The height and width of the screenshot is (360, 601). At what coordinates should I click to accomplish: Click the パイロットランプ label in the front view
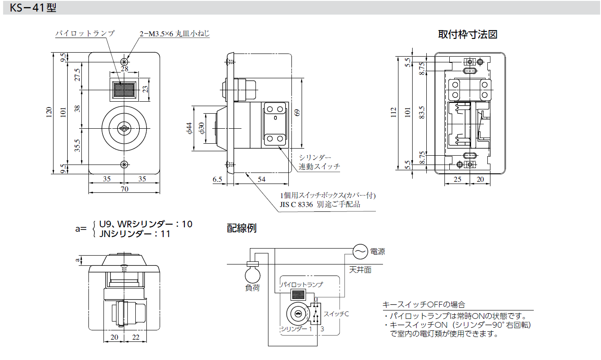coord(84,33)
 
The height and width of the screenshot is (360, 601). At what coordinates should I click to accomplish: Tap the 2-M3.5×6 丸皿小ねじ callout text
coord(174,34)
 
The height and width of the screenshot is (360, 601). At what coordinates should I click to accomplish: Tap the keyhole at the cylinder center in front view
coord(124,129)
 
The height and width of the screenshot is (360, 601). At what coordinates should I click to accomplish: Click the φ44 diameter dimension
coord(189,128)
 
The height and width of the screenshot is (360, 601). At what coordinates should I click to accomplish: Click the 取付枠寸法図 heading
coord(467,34)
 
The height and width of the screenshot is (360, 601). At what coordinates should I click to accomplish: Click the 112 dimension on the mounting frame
coord(394,113)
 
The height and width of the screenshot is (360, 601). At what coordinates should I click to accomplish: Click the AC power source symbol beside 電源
coord(360,252)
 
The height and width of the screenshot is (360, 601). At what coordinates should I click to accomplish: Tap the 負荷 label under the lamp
coord(253,288)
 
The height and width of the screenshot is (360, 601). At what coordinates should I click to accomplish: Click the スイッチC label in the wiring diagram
coord(336,314)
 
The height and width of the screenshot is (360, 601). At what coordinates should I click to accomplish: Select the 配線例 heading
coord(241,228)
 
